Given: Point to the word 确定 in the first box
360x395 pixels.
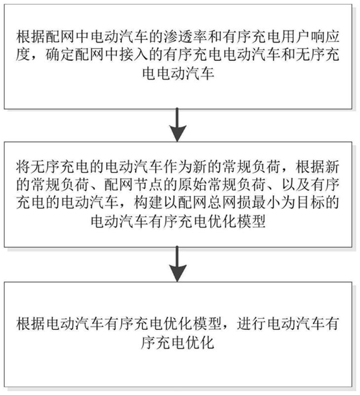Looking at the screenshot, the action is [x=62, y=56].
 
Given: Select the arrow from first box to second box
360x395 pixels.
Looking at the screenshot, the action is [x=178, y=125].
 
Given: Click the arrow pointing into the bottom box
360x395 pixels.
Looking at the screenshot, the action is [x=178, y=265].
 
